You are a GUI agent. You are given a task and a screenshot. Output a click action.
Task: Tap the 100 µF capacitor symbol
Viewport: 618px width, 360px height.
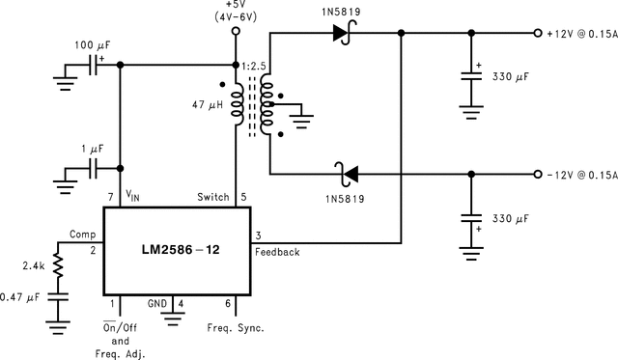click(x=95, y=66)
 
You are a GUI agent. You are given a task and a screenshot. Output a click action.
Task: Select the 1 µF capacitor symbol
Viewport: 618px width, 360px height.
click(x=95, y=168)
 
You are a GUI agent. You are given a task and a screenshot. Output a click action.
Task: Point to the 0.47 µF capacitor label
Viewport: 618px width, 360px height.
click(x=20, y=297)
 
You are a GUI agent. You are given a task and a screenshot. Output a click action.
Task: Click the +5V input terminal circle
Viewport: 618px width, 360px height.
click(x=235, y=32)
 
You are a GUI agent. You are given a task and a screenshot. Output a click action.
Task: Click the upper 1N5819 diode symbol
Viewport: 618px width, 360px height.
click(x=340, y=33)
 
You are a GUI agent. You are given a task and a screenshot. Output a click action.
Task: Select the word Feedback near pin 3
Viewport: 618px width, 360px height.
click(x=278, y=252)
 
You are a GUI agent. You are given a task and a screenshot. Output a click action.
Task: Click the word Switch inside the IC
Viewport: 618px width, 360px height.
click(x=212, y=197)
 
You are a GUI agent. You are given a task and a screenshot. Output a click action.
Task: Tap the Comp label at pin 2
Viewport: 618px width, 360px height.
click(x=81, y=235)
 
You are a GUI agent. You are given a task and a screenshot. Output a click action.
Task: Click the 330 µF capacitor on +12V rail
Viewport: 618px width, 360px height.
click(x=471, y=80)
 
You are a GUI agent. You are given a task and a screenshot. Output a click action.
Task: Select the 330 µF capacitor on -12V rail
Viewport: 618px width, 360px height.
click(x=471, y=221)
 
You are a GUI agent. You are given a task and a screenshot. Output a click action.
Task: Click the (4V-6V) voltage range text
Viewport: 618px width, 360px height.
click(x=235, y=15)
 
